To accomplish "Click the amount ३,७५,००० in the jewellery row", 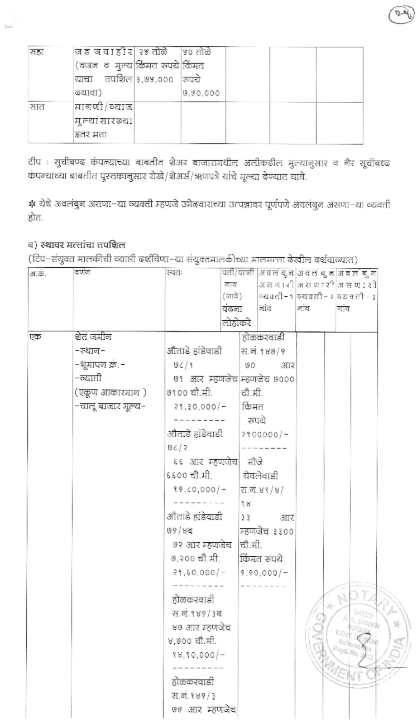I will (x=154, y=79).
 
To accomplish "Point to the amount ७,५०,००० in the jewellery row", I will (x=200, y=93).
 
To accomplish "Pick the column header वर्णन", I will (x=82, y=273).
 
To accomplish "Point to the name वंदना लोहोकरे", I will (x=237, y=317).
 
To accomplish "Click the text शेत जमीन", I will (x=94, y=338).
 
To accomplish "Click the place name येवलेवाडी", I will (x=261, y=475).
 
